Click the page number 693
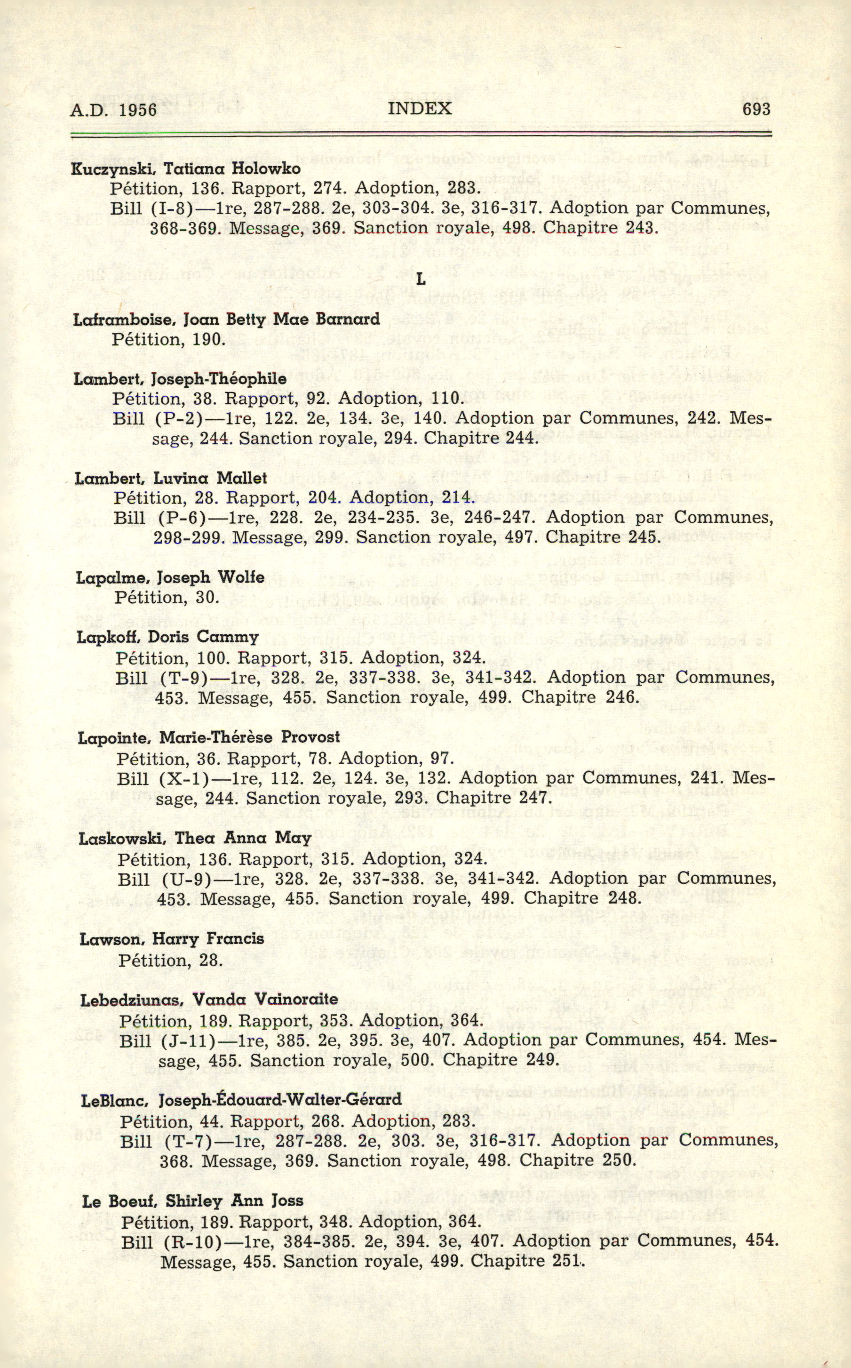(x=756, y=109)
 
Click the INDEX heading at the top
(x=419, y=108)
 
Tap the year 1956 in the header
(x=137, y=109)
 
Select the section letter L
(x=420, y=279)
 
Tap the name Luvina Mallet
(x=210, y=478)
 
